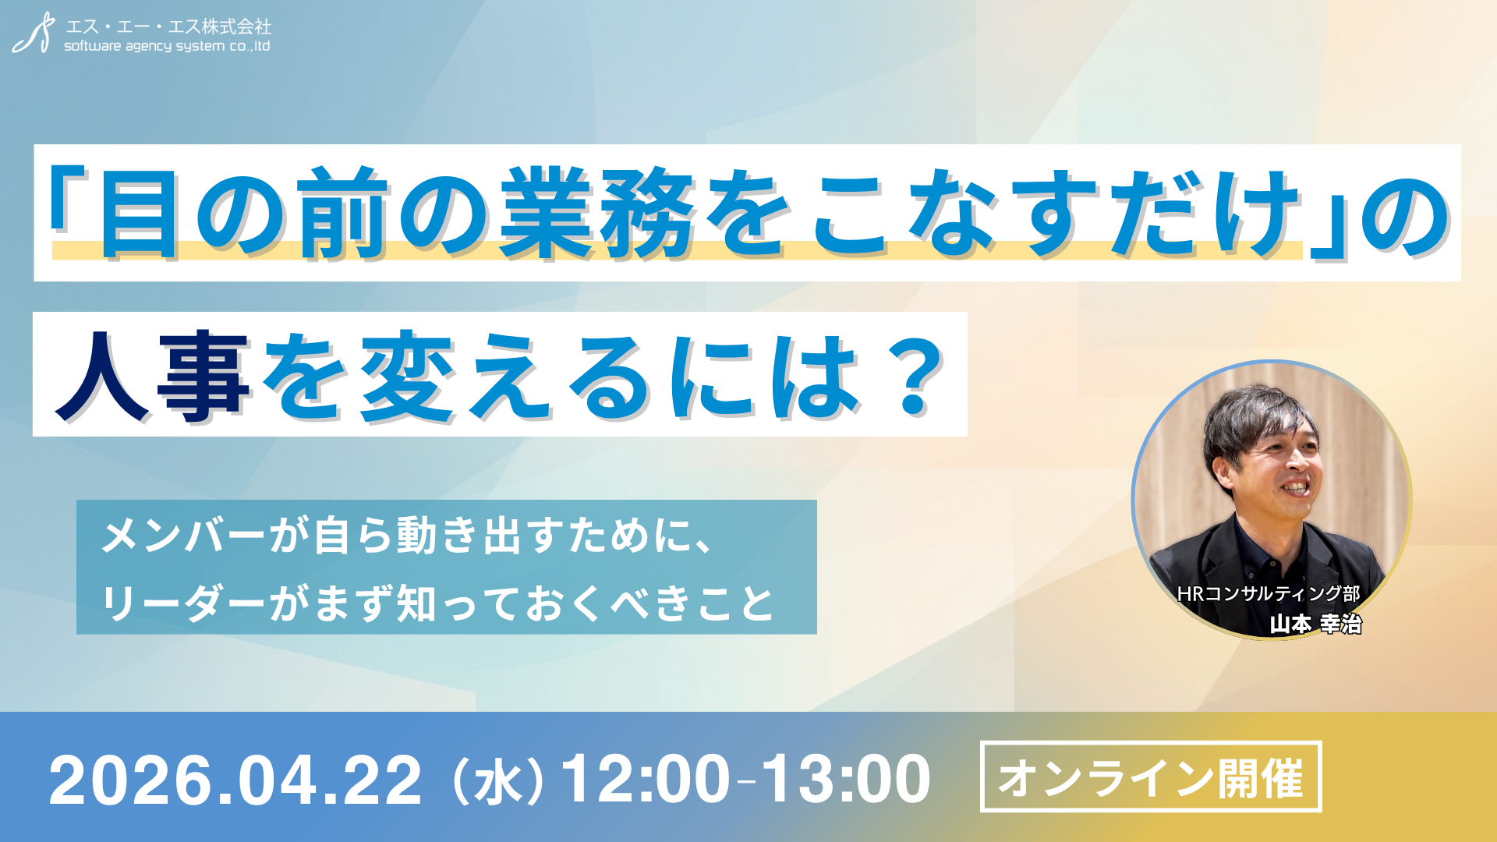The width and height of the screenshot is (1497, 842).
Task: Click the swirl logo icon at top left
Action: (34, 34)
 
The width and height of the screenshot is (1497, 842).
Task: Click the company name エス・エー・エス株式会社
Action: (168, 27)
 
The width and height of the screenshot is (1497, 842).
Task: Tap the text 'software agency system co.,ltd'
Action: (167, 47)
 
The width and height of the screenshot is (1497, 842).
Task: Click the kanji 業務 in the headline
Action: (596, 213)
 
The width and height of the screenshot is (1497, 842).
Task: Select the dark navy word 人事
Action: (152, 376)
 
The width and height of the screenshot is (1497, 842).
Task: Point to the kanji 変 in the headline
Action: (406, 376)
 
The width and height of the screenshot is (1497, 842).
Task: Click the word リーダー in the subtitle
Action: (183, 603)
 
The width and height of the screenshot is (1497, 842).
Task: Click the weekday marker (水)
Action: (497, 781)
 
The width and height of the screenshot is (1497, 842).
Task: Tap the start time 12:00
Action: (645, 780)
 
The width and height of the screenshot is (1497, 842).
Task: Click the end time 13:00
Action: (846, 780)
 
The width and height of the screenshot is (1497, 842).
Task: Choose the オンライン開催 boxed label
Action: (1150, 777)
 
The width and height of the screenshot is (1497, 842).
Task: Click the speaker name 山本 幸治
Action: (1315, 624)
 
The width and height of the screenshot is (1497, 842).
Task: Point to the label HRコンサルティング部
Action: (1268, 594)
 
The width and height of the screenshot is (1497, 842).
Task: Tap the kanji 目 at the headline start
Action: (138, 213)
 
